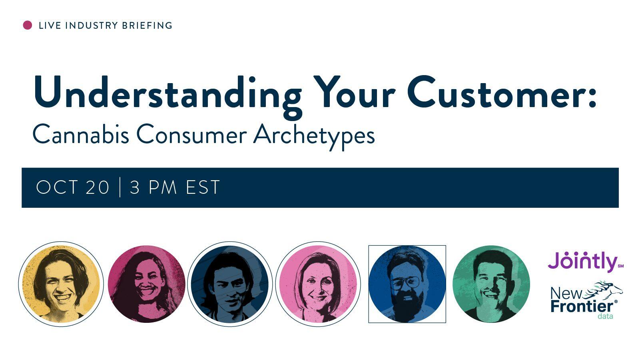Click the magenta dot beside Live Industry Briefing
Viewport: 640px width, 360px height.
pos(28,25)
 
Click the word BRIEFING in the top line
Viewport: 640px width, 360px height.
pos(147,26)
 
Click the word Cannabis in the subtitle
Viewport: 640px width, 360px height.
pos(81,134)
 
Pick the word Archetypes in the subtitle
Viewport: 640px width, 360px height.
pos(314,137)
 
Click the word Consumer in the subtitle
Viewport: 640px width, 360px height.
pos(191,134)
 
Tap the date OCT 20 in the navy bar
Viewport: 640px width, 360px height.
pos(73,187)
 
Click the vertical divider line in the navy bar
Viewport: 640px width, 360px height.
pos(120,187)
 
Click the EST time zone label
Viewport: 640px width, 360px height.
pos(203,187)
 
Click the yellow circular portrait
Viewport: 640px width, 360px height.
pos(61,284)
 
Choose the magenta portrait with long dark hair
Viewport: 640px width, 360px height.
pos(147,284)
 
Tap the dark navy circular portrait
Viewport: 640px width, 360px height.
pos(230,284)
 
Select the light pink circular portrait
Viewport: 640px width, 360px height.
pos(318,284)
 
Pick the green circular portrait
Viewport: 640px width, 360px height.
pos(491,284)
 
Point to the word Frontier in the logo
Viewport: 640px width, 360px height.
pos(582,306)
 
